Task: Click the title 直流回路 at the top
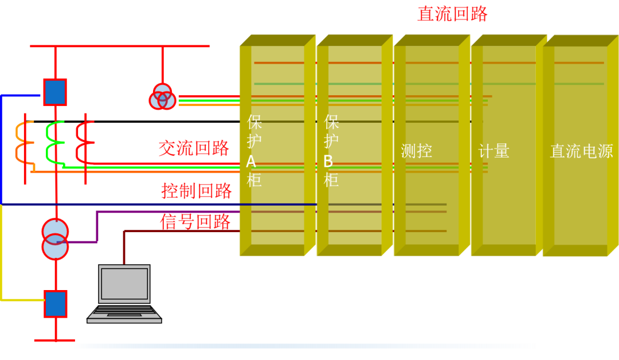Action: (x=452, y=14)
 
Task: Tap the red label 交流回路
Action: (x=194, y=148)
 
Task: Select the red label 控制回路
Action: (x=196, y=190)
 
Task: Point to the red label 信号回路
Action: (x=195, y=222)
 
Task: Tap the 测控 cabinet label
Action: (x=416, y=151)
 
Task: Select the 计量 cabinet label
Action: (x=493, y=151)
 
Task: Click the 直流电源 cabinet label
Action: (x=581, y=151)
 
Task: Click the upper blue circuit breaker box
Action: (x=55, y=92)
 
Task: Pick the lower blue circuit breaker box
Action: (x=56, y=304)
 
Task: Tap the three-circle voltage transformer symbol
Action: (x=163, y=97)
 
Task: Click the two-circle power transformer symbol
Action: (x=55, y=239)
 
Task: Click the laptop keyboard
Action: (x=124, y=313)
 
